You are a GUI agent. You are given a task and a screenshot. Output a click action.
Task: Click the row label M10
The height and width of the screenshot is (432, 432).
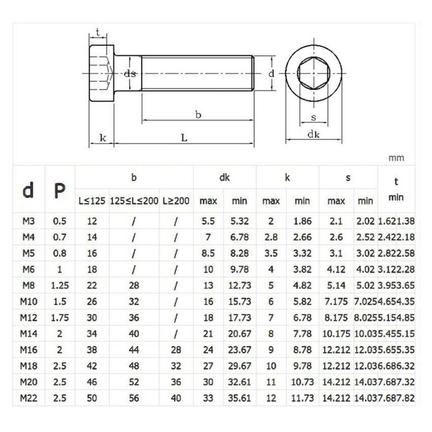pos(28,301)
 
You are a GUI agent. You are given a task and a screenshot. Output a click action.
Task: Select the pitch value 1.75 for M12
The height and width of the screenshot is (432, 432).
pos(59,318)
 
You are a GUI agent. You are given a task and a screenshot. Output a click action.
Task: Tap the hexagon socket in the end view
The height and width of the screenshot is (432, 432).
pos(314,73)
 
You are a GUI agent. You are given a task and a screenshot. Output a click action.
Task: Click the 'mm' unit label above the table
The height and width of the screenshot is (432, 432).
pos(396,158)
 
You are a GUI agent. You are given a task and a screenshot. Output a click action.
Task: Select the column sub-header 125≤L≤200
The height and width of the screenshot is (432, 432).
pos(134,201)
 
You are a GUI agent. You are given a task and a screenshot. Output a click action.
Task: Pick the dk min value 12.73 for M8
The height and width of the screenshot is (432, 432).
pos(239,285)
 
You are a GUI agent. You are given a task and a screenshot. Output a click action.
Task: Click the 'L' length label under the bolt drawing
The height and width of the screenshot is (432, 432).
pos(184,138)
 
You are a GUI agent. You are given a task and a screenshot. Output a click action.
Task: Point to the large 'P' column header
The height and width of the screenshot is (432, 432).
pos(59,191)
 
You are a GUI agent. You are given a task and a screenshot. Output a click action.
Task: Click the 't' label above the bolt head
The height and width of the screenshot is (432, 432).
pos(97,32)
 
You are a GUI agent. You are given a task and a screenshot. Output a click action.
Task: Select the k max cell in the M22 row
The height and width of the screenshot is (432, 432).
pos(271,398)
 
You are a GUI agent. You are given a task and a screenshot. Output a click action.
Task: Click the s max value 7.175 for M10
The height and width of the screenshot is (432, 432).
pos(336,301)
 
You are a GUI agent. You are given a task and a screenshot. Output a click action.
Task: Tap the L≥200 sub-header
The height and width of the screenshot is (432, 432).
pos(176,201)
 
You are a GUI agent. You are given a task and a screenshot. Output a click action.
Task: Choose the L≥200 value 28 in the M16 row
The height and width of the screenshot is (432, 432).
pos(176,350)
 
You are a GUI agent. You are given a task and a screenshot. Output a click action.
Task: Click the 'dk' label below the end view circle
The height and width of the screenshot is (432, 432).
pos(313,134)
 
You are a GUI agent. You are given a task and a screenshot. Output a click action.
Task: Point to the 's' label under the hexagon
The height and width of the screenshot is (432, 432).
pos(314,118)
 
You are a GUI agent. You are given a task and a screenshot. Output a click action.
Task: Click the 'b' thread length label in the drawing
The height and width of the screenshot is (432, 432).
pos(198,115)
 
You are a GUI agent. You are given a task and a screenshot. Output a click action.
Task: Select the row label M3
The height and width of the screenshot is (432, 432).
pos(28,221)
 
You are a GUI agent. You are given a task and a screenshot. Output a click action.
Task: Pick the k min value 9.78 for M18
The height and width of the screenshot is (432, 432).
pos(302,366)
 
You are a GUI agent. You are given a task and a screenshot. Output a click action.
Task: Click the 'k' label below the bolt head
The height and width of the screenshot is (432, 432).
pos(102,138)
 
